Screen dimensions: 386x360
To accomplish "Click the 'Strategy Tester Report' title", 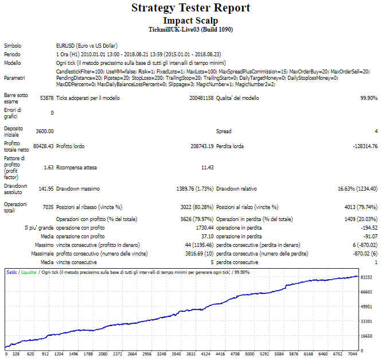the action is [x=190, y=8].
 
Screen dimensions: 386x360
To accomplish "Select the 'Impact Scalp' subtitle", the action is [x=190, y=21].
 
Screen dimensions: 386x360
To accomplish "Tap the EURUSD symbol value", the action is [x=87, y=46].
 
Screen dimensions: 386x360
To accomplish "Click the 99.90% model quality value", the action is [x=369, y=98].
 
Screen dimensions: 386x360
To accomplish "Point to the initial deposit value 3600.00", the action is [x=45, y=131].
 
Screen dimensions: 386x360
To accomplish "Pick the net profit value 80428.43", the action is [x=44, y=146].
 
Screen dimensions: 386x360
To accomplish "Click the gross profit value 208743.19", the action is [x=202, y=146].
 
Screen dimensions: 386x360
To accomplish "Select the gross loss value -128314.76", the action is [x=365, y=146].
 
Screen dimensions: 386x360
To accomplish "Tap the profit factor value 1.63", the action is [x=49, y=168].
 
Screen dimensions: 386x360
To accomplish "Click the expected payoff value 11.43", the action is [x=207, y=168].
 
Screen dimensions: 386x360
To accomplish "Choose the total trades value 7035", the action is [x=48, y=207].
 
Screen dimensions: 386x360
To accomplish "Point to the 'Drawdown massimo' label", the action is [x=78, y=189].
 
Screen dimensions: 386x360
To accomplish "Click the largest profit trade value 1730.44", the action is [x=205, y=228].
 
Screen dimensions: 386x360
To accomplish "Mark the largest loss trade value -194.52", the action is [x=369, y=228].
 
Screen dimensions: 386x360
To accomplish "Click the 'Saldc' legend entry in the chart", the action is [x=11, y=272].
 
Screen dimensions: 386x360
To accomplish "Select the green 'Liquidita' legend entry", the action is [x=29, y=272].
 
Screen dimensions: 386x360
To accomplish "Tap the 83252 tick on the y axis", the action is [x=366, y=277].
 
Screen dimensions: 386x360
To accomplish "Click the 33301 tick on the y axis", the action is [x=366, y=322].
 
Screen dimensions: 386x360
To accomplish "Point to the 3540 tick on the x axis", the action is [x=176, y=354].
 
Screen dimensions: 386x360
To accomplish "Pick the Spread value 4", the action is [x=376, y=131].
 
